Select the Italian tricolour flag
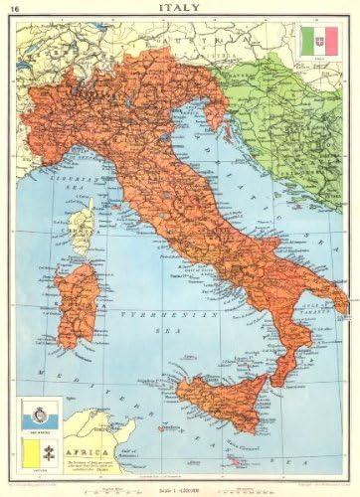pos(322,42)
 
